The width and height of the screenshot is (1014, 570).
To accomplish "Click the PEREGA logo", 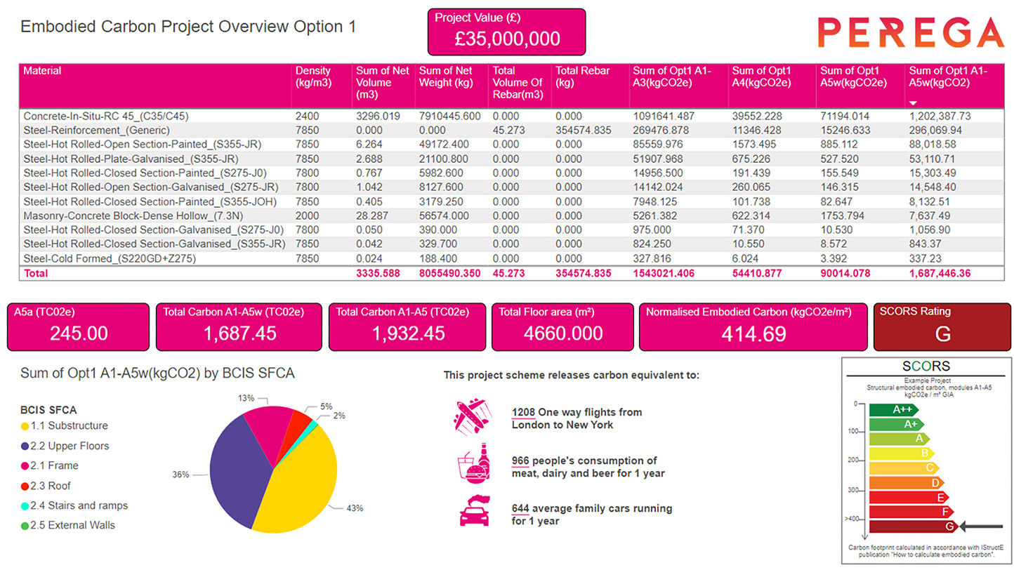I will pos(911,32).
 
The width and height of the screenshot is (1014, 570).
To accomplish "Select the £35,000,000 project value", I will pos(506,39).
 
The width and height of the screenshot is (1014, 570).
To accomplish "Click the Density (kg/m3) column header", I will pos(312,77).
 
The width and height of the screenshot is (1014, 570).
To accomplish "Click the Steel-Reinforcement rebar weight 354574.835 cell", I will pos(582,131).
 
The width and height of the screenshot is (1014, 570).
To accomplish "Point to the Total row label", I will pos(36,273).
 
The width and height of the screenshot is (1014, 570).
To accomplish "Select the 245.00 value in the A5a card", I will pos(79,333).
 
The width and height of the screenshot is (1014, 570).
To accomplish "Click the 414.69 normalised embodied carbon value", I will pos(753,334).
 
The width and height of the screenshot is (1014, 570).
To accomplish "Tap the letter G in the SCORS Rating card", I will pos(942,334).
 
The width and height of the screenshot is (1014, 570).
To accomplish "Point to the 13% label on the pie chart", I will pos(246,398).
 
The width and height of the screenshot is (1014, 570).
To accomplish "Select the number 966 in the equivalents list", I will pos(520,461).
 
